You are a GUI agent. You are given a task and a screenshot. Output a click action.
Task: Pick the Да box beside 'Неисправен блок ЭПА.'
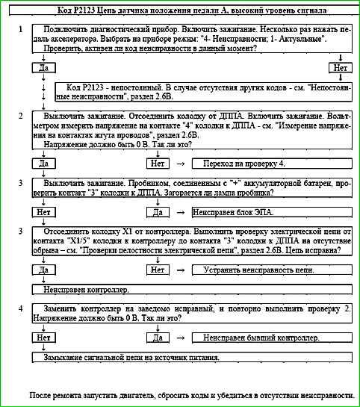pos(158,211)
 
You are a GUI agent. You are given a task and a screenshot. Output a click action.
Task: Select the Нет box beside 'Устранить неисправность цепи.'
pos(158,270)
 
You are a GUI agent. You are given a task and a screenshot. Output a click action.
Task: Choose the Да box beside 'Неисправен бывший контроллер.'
pos(158,338)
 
